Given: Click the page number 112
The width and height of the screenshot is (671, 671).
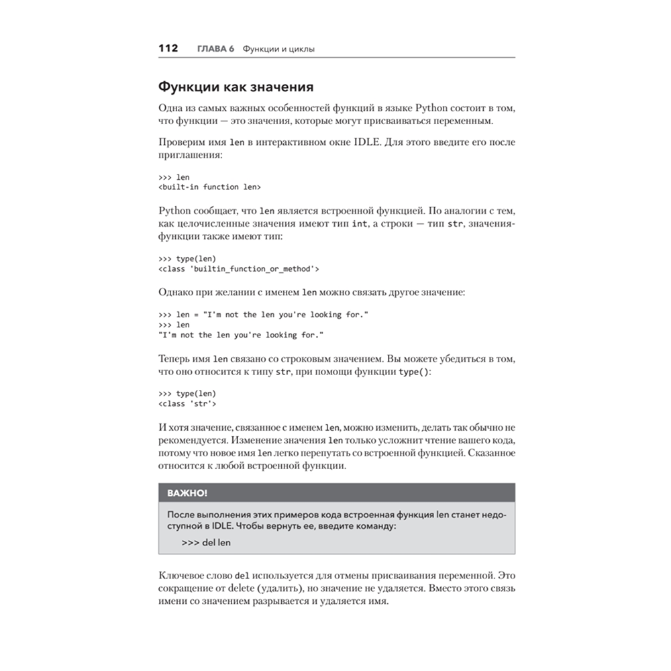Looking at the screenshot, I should click(167, 48).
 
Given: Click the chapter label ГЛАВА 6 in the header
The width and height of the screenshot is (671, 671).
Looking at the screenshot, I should click(215, 49).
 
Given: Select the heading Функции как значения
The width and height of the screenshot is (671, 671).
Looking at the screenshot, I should click(236, 87).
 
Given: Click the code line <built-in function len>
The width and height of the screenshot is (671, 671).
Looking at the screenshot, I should click(210, 187).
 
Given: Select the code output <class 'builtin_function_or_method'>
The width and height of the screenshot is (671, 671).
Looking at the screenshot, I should click(238, 269).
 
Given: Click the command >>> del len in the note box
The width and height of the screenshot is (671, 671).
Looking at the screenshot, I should click(206, 542).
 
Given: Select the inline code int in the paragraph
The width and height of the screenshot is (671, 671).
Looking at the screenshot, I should click(360, 223).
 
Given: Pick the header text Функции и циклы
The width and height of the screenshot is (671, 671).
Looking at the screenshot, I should click(278, 49).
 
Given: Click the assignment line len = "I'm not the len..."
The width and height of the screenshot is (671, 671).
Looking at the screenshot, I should click(264, 315).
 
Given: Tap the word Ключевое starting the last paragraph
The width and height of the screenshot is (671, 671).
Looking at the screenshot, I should click(183, 576).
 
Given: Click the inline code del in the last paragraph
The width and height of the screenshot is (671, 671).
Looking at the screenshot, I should click(242, 576).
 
